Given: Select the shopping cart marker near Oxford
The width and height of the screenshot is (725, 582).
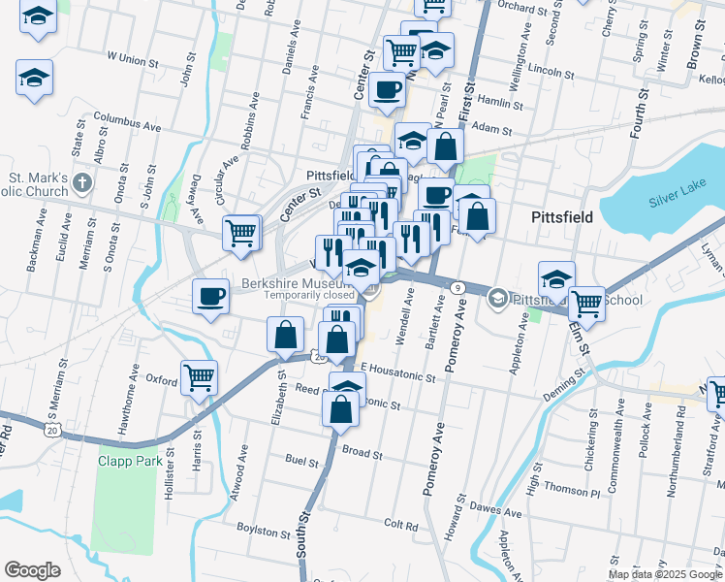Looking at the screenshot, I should (199, 376).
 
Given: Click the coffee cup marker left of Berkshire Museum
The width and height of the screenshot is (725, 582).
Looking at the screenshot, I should (210, 296).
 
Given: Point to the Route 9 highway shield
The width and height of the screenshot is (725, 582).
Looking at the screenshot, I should (456, 286).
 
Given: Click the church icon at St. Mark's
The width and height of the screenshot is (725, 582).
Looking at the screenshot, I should (82, 182).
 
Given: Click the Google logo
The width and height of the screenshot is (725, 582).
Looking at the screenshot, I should (32, 570).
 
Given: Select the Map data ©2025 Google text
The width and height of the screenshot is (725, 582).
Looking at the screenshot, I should (665, 574).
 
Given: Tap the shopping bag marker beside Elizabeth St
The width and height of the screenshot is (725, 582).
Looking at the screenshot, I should (284, 335).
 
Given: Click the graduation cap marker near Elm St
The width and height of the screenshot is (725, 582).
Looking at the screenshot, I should (556, 278).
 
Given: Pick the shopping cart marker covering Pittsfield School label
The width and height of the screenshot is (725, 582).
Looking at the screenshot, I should (586, 303).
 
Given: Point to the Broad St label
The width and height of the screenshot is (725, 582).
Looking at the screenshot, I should (362, 453).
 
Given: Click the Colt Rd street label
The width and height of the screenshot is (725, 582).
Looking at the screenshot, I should (400, 525).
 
